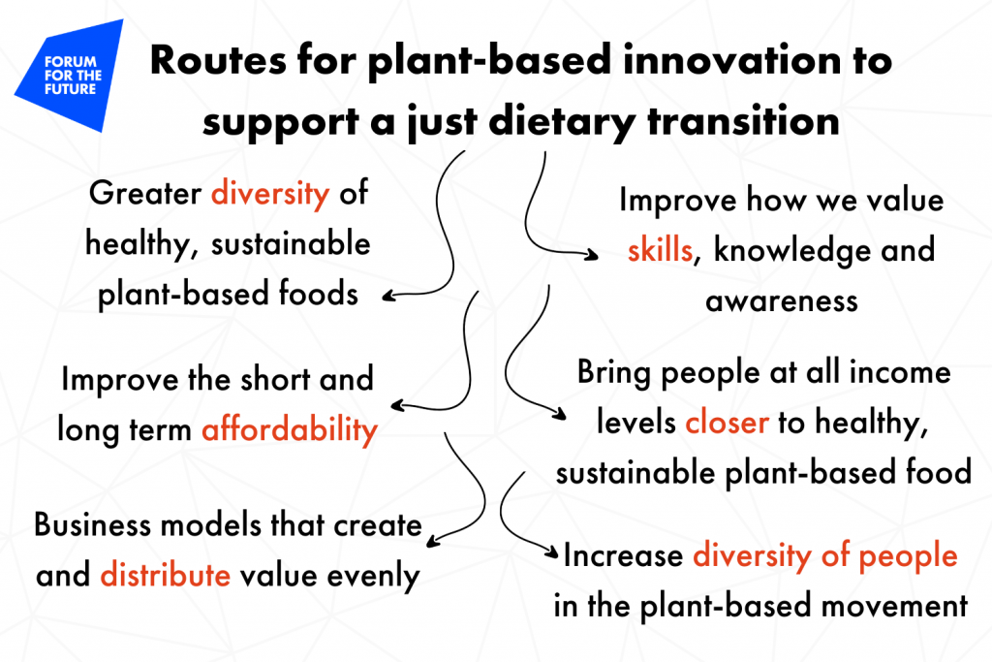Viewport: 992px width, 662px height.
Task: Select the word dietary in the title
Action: pos(562,121)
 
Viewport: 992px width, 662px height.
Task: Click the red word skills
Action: pos(660,249)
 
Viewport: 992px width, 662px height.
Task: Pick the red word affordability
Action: pos(290,429)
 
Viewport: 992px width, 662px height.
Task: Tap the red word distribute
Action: pos(165,575)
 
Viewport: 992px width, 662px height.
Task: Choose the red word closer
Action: pos(727,423)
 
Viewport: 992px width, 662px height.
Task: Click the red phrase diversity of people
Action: pos(825,556)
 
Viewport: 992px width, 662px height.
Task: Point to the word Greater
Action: pos(145,193)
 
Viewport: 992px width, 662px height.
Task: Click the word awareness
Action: pos(782,301)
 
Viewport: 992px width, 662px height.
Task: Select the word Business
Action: pos(92,524)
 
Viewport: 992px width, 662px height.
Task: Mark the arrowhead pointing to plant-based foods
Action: pos(389,296)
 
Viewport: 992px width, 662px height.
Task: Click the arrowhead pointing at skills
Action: pos(592,254)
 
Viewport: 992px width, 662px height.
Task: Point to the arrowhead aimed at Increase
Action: pos(551,552)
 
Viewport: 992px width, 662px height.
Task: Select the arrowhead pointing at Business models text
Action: pos(433,541)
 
